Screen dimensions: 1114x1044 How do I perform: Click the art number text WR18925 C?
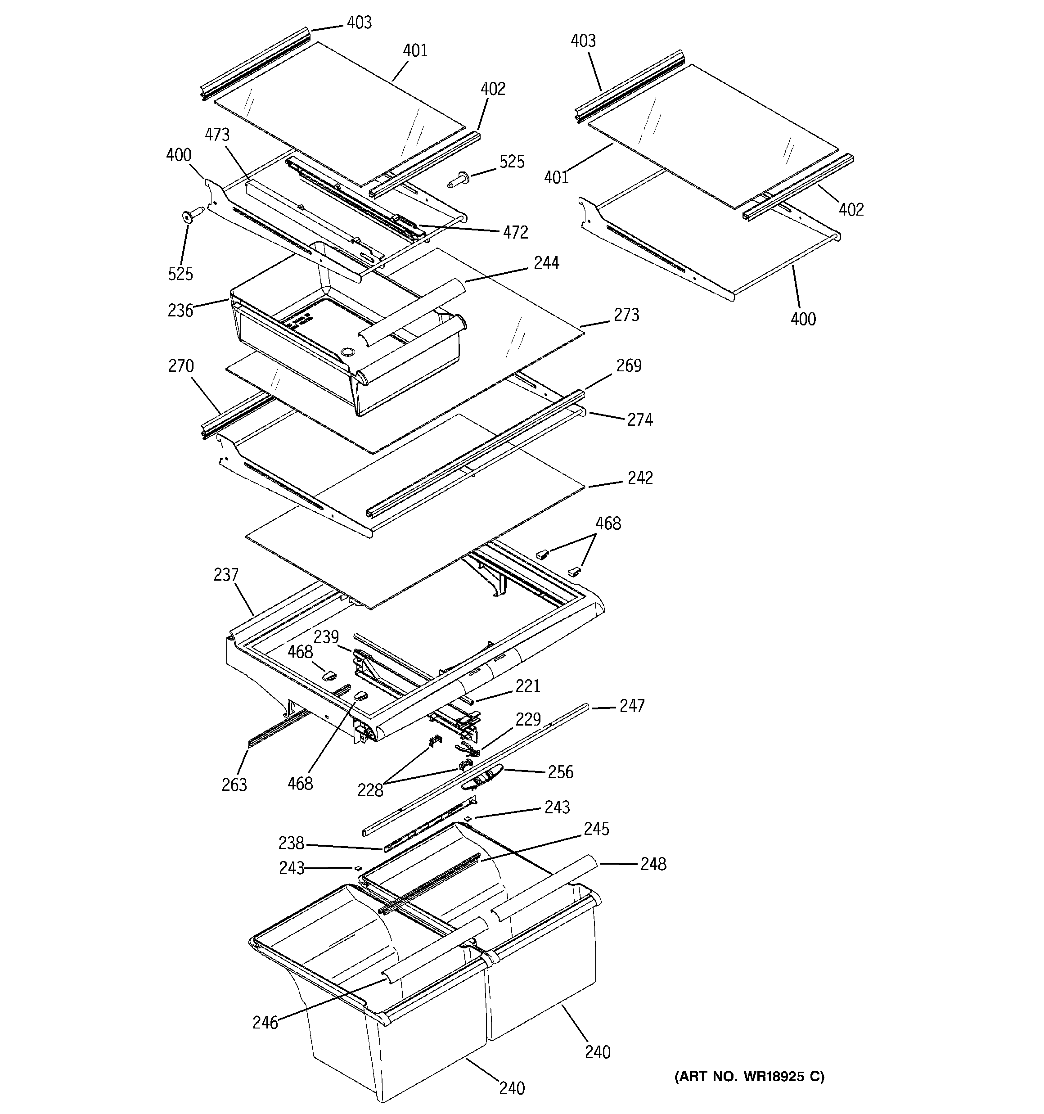(749, 1075)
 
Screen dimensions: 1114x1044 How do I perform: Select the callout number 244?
(546, 262)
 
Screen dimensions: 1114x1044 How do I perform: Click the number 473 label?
(217, 135)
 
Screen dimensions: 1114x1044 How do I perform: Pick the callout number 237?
(226, 574)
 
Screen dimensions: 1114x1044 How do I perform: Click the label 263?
(234, 785)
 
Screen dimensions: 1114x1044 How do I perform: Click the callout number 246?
(265, 1023)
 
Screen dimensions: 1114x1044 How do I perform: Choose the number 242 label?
(640, 478)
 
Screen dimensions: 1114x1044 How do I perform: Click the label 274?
(639, 419)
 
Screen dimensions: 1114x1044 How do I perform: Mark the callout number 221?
(528, 686)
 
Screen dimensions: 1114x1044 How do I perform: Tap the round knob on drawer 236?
(347, 352)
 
